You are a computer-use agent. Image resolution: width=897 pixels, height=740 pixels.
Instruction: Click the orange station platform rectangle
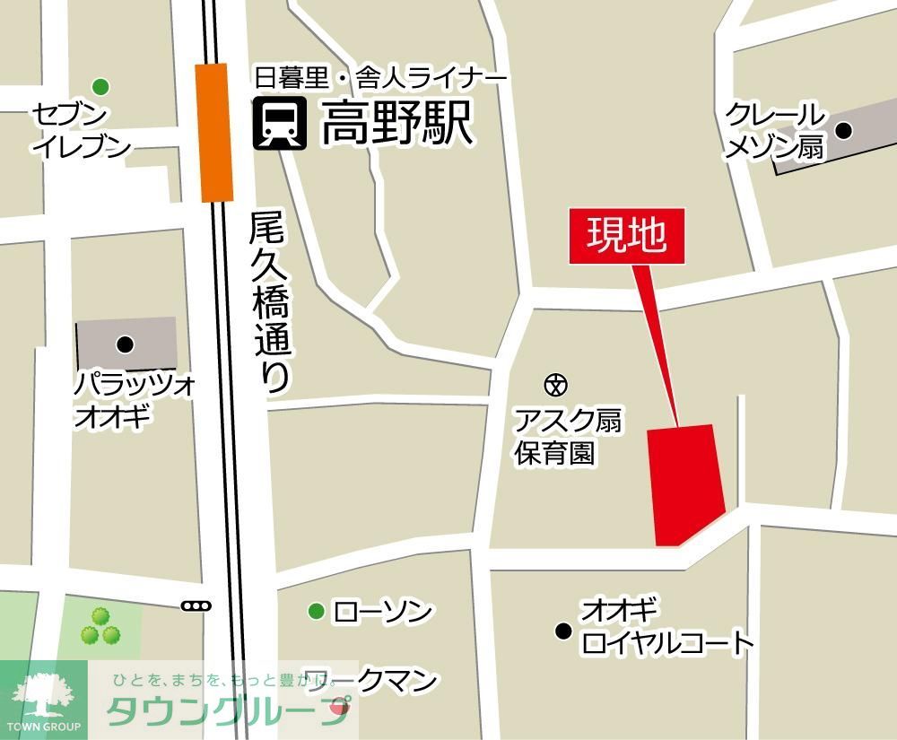coord(214,133)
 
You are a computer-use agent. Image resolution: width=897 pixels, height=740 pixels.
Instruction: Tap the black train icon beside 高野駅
coord(280,124)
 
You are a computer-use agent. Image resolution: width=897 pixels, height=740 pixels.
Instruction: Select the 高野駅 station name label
coord(396,125)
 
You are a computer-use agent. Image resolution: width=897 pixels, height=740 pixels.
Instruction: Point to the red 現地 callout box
coord(627,236)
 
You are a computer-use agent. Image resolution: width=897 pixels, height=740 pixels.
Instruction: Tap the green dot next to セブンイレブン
coord(100,86)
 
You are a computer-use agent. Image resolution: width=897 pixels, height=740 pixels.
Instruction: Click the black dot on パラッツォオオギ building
coord(125,343)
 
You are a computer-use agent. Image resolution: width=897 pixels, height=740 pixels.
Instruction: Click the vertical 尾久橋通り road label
coord(271,301)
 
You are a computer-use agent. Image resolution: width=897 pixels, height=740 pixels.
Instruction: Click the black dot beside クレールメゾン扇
coord(843,130)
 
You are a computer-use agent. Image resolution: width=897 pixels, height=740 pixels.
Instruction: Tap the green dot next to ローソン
coord(316,612)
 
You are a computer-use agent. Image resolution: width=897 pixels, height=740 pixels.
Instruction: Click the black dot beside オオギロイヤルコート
coord(563,631)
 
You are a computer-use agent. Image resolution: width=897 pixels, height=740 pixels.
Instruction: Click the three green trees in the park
coord(100,627)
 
